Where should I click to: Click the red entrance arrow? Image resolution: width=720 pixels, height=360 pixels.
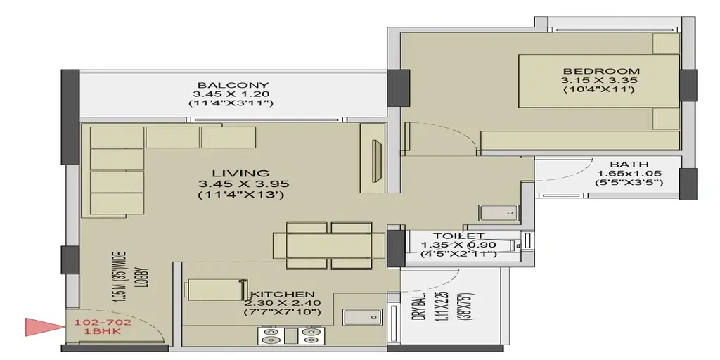[x=44, y=327]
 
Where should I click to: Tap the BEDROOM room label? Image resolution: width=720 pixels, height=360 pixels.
[x=601, y=71]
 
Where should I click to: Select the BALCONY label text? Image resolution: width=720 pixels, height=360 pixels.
[x=233, y=85]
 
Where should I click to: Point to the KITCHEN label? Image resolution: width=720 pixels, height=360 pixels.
[x=282, y=294]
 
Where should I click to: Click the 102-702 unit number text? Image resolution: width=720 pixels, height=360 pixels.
[x=103, y=322]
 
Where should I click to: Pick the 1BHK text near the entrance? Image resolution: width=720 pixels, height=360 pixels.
[x=103, y=331]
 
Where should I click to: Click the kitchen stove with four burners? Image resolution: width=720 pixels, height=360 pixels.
[x=290, y=335]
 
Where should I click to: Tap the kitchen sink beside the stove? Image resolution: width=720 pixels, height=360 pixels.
[x=362, y=317]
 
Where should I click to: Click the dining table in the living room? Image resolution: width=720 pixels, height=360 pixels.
[x=329, y=245]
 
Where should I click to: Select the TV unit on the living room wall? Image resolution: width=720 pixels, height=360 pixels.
[x=373, y=157]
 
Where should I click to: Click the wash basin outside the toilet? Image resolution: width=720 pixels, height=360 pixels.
[x=499, y=213]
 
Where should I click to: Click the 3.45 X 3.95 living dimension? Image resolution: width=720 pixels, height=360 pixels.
[x=243, y=184]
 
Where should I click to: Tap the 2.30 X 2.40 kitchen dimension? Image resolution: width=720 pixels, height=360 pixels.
[x=283, y=303]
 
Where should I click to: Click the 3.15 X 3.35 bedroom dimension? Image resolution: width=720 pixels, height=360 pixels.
[x=600, y=80]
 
